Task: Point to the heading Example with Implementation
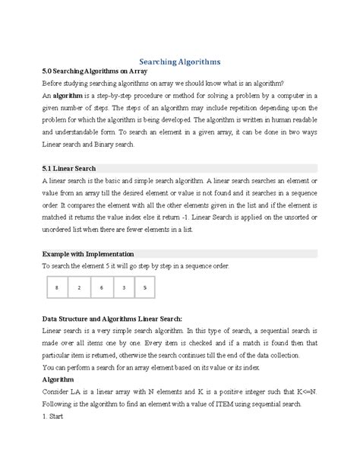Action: point(88,253)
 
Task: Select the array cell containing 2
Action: point(78,288)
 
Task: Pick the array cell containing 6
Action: point(100,288)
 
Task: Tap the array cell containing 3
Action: point(122,288)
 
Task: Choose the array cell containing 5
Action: point(144,288)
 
